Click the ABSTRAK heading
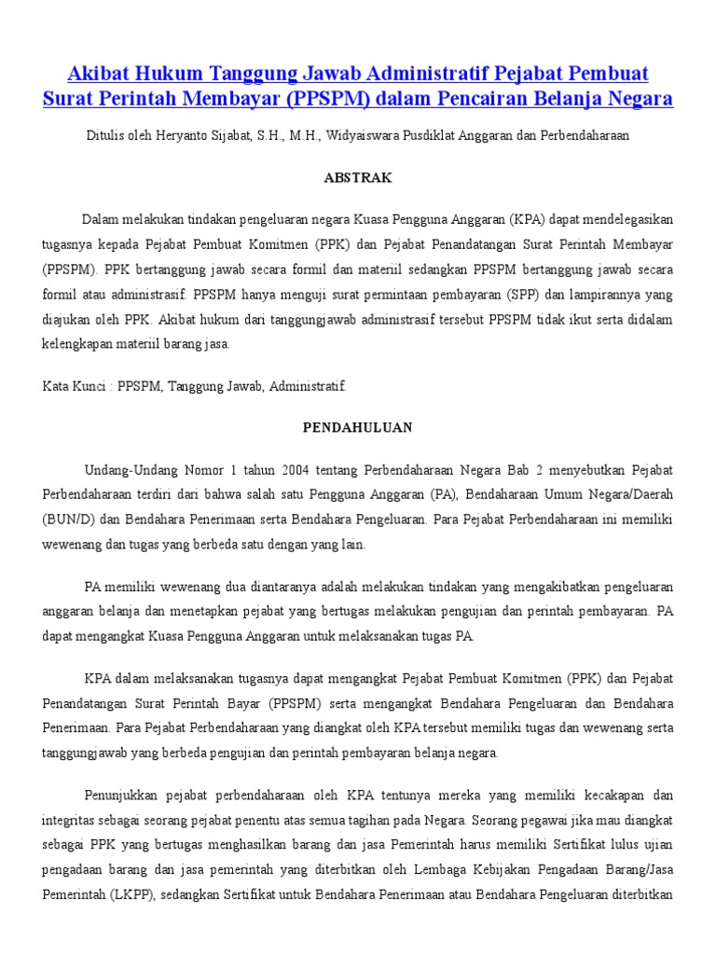pos(358,177)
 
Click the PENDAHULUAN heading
pos(358,427)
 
